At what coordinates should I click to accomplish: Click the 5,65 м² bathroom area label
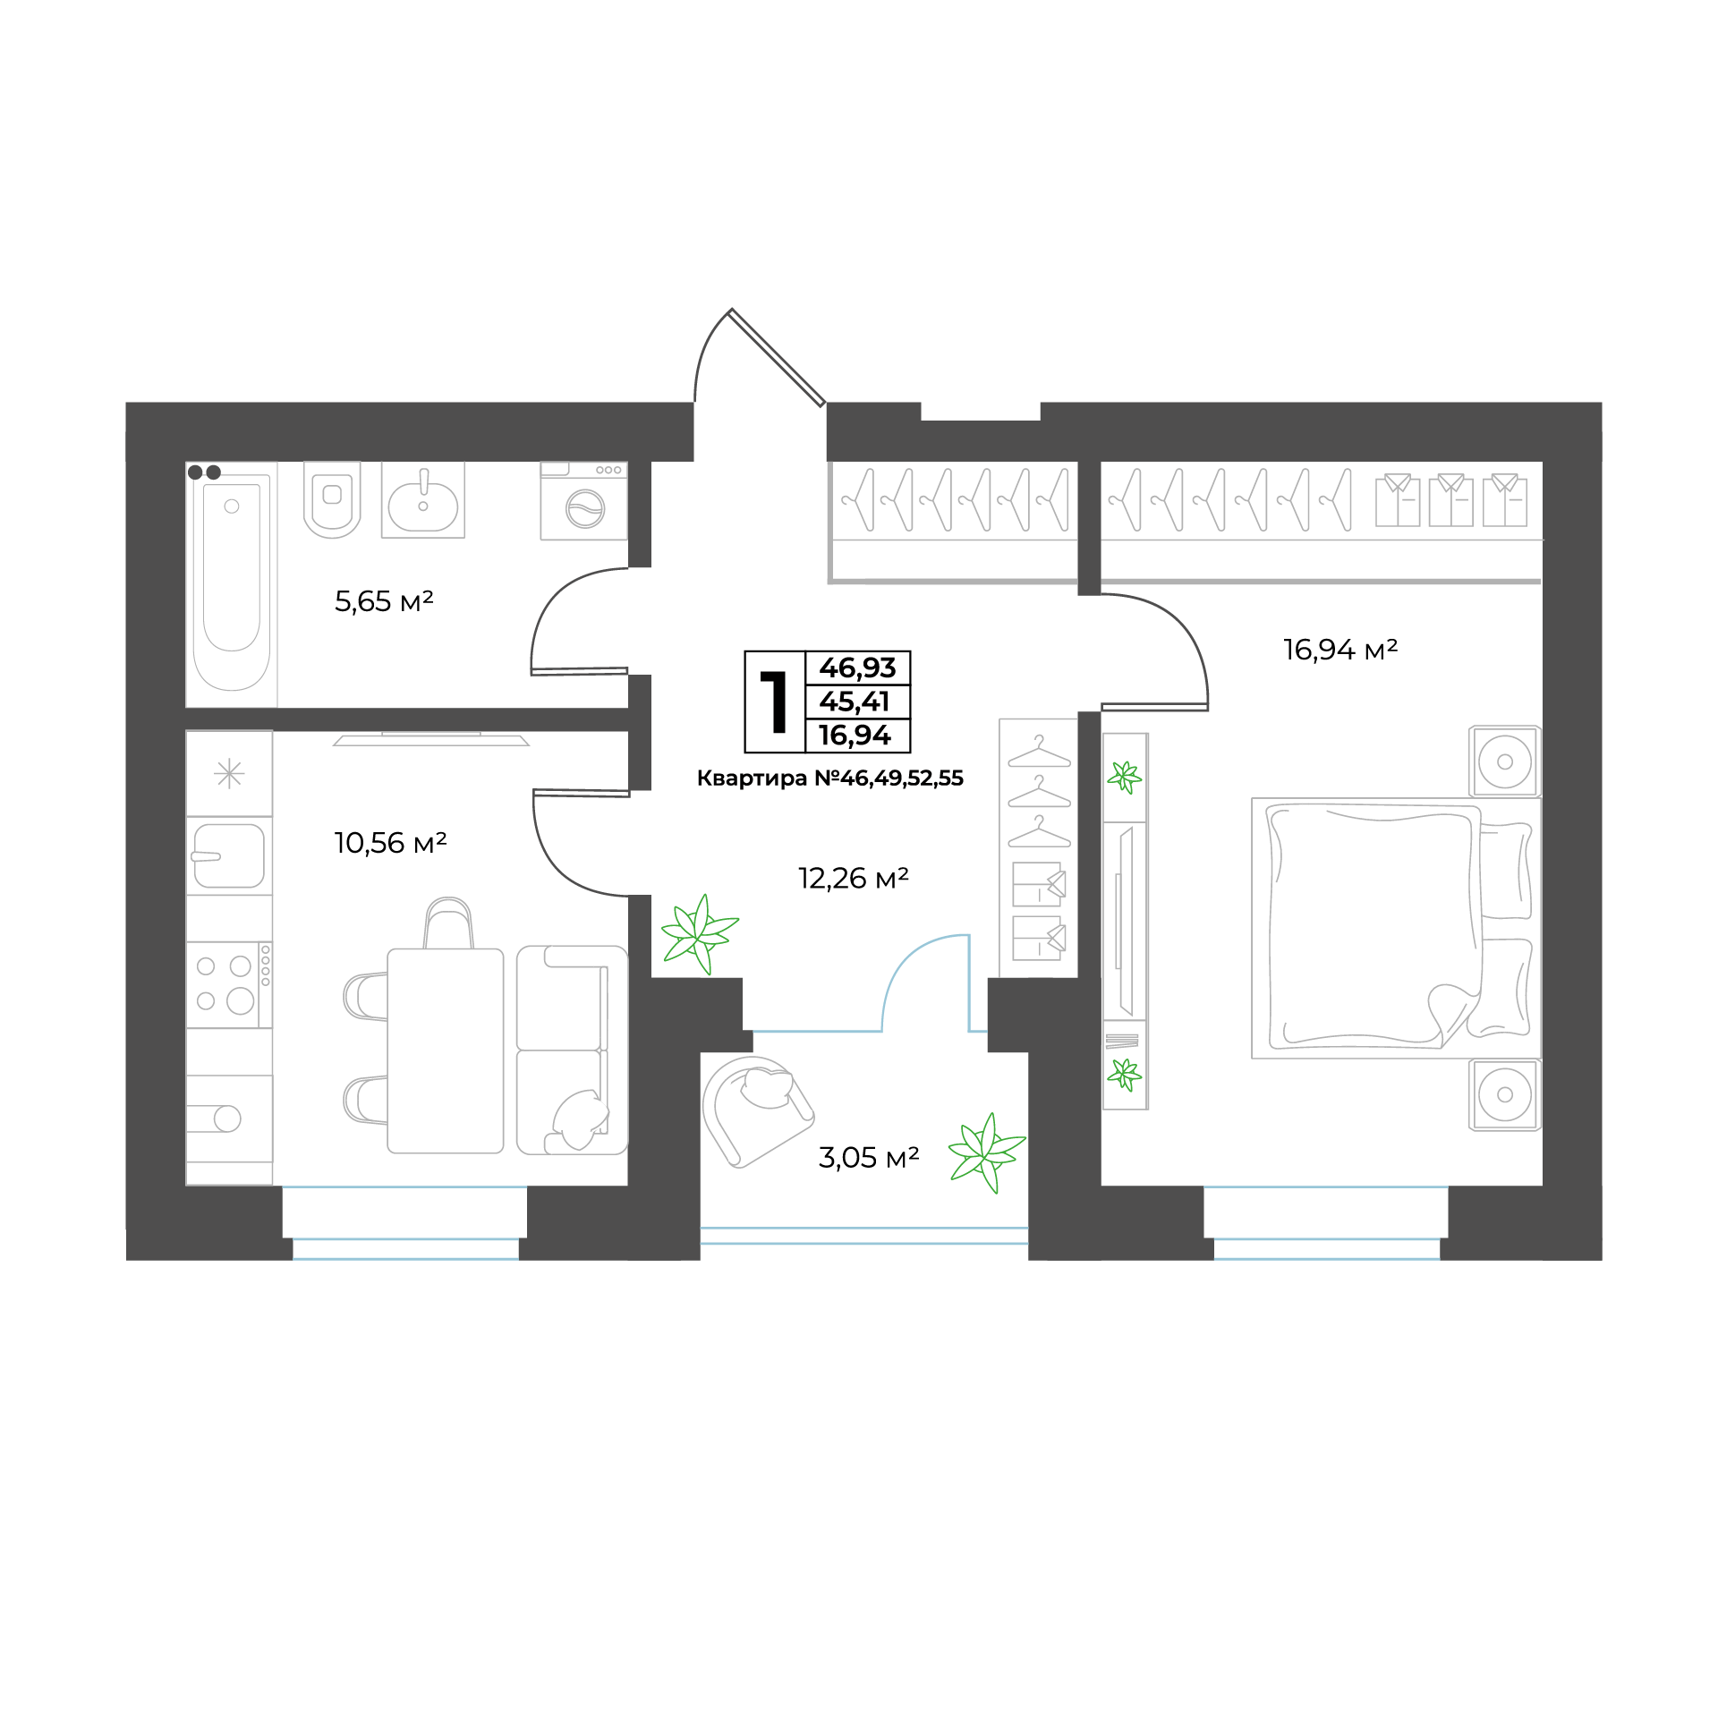384,601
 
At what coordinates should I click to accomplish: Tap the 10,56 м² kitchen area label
390,843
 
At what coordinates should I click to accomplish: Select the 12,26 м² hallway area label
854,879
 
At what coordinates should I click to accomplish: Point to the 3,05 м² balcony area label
869,1158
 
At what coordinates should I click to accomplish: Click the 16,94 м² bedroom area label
1340,650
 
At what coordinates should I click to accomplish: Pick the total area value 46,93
857,668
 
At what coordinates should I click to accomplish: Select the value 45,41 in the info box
855,702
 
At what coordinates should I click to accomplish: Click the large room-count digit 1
775,702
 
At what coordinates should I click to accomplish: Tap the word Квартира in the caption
752,778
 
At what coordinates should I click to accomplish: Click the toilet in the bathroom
332,499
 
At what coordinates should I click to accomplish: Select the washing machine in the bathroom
583,501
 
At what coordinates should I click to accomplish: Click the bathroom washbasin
423,500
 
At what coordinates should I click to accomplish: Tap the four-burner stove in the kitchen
229,984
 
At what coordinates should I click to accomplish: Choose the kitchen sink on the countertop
229,855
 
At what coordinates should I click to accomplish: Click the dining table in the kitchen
446,1050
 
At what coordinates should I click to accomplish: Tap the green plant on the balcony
986,1152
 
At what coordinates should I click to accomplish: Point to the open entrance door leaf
777,357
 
